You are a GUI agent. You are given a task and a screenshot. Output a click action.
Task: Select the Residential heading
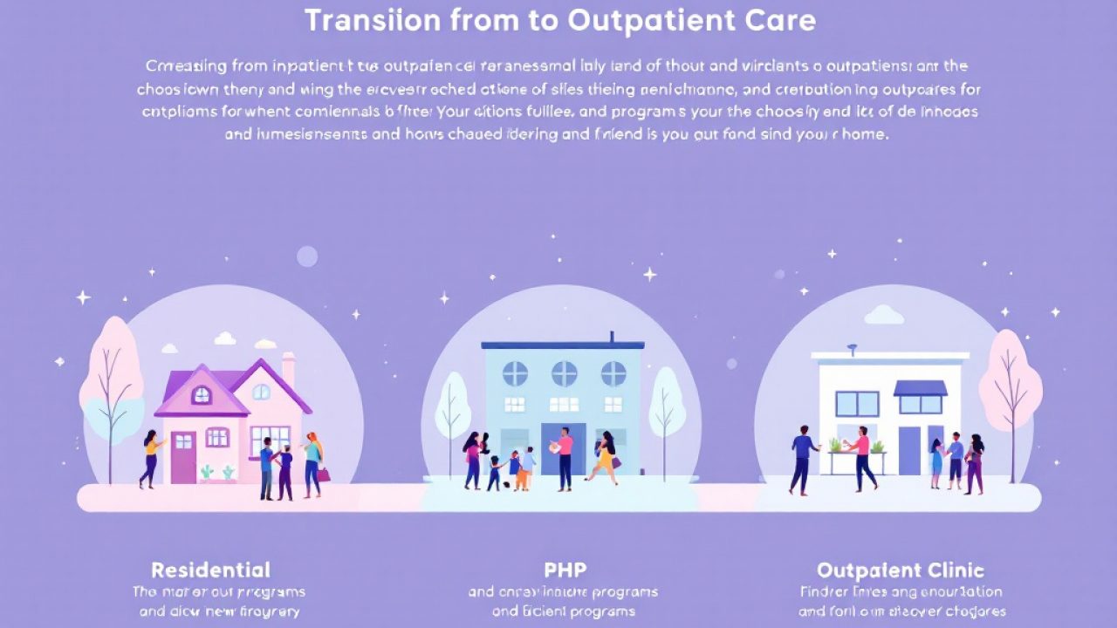tap(210, 570)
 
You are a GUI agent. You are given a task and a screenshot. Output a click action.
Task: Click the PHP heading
tap(565, 570)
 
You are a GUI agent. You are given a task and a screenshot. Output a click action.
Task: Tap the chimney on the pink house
tap(288, 369)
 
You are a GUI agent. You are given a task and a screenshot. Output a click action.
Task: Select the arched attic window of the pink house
tap(202, 395)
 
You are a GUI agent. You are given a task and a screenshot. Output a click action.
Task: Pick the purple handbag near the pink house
tap(324, 474)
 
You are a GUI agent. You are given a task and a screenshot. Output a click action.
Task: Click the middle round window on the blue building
tap(564, 373)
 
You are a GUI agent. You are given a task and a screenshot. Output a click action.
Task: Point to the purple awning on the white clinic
tap(920, 388)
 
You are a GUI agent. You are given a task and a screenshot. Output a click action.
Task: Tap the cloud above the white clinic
tap(884, 314)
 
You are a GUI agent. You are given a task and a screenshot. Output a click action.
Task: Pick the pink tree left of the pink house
tap(111, 375)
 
